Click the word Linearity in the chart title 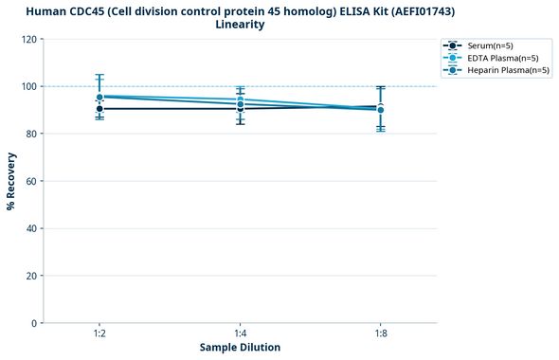click(240, 25)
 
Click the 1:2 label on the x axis click(99, 334)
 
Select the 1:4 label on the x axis click(240, 334)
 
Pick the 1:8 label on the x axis click(380, 334)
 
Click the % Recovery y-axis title click(11, 181)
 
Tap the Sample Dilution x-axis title click(240, 348)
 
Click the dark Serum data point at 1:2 click(99, 109)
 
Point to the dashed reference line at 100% click(313, 86)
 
